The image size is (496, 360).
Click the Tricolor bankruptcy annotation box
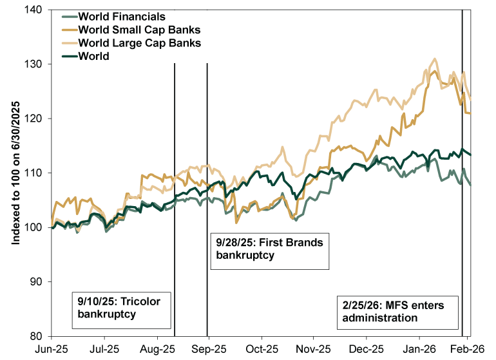pos(120,307)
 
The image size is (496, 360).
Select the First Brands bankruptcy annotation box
pos(269,249)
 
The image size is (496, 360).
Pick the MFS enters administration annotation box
pos(398,310)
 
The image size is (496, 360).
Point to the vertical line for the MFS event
pos(463,193)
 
